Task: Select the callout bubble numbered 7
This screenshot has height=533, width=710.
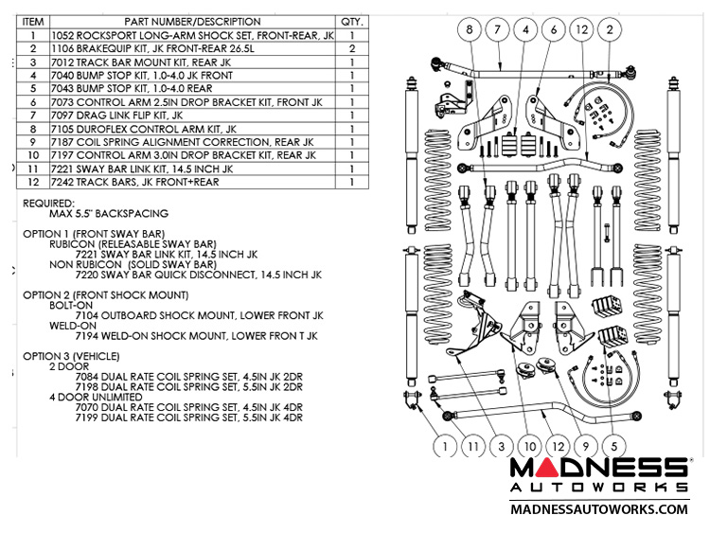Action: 498,30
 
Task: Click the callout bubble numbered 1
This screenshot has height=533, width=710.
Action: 441,443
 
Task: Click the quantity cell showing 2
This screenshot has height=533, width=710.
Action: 351,48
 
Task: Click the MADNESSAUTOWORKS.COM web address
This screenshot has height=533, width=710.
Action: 599,509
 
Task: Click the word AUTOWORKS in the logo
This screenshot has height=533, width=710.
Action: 599,487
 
